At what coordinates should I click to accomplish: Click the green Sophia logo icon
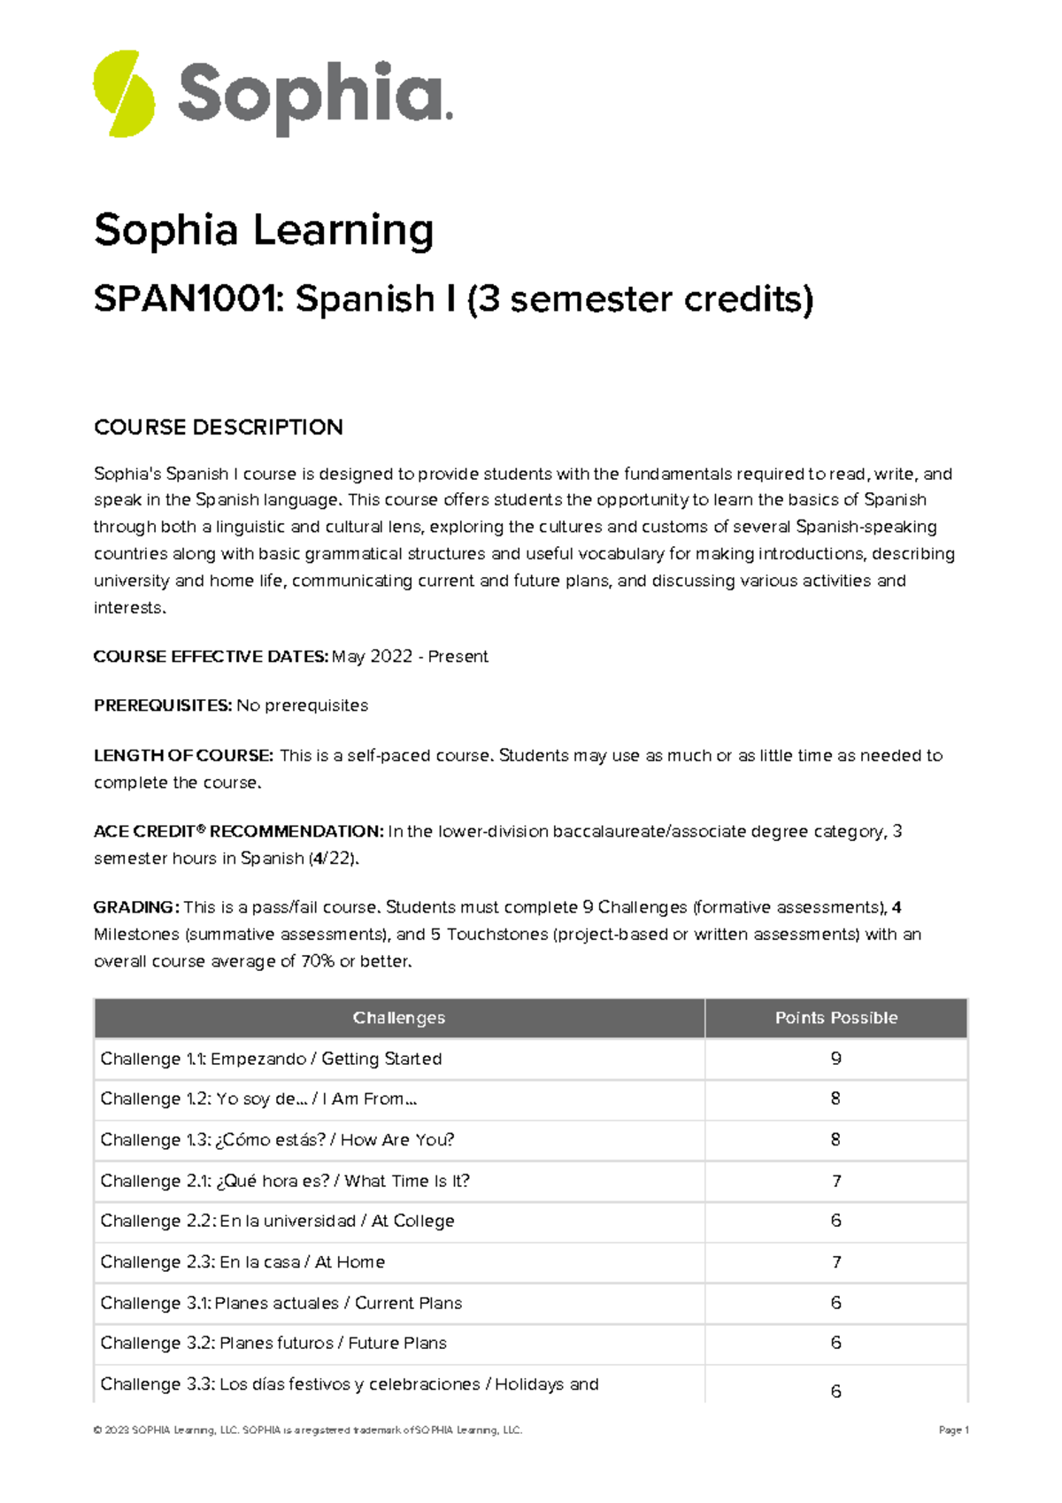click(124, 94)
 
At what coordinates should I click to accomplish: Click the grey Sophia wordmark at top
click(314, 96)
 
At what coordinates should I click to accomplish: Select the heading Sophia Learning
click(264, 230)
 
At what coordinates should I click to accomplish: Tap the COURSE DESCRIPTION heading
click(218, 428)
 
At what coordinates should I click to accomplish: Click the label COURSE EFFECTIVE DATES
click(211, 657)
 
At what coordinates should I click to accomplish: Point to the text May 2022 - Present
click(410, 657)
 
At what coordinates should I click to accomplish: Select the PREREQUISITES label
click(163, 705)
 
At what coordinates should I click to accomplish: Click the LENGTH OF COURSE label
click(183, 756)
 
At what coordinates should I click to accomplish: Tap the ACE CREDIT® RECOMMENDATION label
click(238, 831)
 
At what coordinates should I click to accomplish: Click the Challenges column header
click(399, 1018)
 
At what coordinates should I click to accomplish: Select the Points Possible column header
click(836, 1018)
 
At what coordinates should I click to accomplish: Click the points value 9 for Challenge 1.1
click(836, 1059)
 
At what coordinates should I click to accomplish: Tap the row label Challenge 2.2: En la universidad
click(277, 1222)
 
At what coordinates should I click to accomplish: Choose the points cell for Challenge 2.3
click(836, 1262)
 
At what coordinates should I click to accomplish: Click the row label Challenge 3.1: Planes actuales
click(281, 1303)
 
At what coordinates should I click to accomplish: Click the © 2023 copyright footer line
click(308, 1430)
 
